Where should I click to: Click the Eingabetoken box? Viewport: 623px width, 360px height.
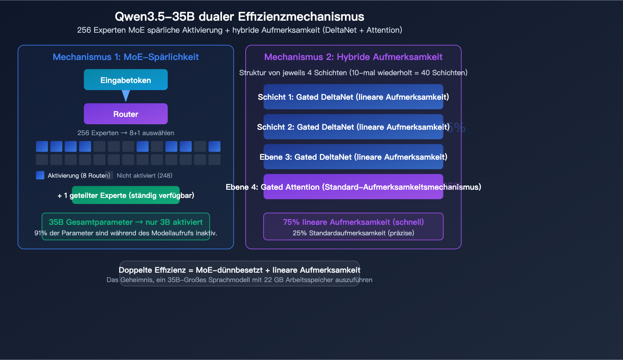(x=125, y=80)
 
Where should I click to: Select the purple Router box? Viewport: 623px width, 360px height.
(x=125, y=114)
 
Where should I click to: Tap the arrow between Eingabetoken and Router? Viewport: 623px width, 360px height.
(x=125, y=96)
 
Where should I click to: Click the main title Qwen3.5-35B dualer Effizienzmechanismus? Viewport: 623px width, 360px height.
(x=239, y=17)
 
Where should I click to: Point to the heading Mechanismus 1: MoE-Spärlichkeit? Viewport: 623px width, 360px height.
(x=125, y=57)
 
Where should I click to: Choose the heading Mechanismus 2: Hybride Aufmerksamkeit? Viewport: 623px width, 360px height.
(x=353, y=57)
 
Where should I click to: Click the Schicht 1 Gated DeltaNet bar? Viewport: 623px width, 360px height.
(x=353, y=97)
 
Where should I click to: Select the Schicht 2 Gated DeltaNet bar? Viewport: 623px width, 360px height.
(x=353, y=127)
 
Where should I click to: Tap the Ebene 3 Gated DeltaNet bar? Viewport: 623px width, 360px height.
(x=353, y=157)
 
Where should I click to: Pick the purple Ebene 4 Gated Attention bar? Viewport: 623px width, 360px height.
(x=353, y=187)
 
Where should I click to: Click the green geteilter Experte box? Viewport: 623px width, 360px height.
(x=125, y=195)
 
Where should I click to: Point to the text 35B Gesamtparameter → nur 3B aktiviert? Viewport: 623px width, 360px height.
(x=125, y=222)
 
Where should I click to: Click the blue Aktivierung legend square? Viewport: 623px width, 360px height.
(x=40, y=175)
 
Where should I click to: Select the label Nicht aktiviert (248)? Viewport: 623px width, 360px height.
(x=144, y=176)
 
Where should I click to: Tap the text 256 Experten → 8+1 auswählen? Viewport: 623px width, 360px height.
(x=125, y=133)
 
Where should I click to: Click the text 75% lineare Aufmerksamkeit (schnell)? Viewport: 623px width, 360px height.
(x=353, y=222)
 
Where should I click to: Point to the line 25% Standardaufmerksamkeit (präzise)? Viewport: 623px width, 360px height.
(x=353, y=233)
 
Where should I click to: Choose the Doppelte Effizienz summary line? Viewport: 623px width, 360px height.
(x=239, y=270)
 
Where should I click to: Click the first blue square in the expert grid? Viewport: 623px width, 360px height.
(x=42, y=146)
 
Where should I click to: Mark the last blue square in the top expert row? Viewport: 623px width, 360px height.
(x=214, y=146)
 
